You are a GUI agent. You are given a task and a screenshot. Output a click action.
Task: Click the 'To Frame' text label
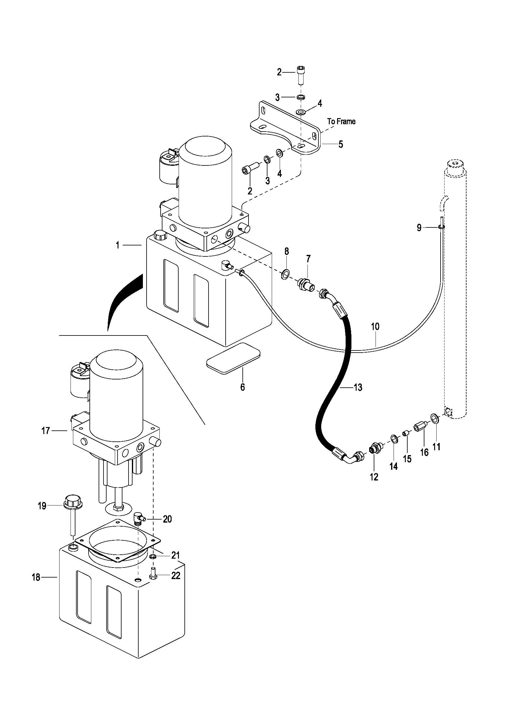[341, 121]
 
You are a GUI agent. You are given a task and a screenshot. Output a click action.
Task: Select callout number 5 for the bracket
[341, 144]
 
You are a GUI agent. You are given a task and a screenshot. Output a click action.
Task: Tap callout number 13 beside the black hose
[358, 387]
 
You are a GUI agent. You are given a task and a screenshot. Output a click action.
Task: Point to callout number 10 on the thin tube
[375, 327]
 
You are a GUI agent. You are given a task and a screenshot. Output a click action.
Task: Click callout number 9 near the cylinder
[419, 228]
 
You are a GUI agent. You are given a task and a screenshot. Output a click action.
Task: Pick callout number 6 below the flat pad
[242, 387]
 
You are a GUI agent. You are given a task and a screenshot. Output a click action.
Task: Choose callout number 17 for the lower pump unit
[46, 431]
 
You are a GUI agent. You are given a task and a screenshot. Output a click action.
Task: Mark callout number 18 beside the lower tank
[36, 578]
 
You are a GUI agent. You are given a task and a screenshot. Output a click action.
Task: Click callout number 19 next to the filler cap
[42, 506]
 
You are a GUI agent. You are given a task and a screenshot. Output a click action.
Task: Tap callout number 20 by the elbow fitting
[167, 519]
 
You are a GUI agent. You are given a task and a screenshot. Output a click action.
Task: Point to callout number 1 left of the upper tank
[118, 245]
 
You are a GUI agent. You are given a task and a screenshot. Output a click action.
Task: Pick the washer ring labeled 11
[435, 419]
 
